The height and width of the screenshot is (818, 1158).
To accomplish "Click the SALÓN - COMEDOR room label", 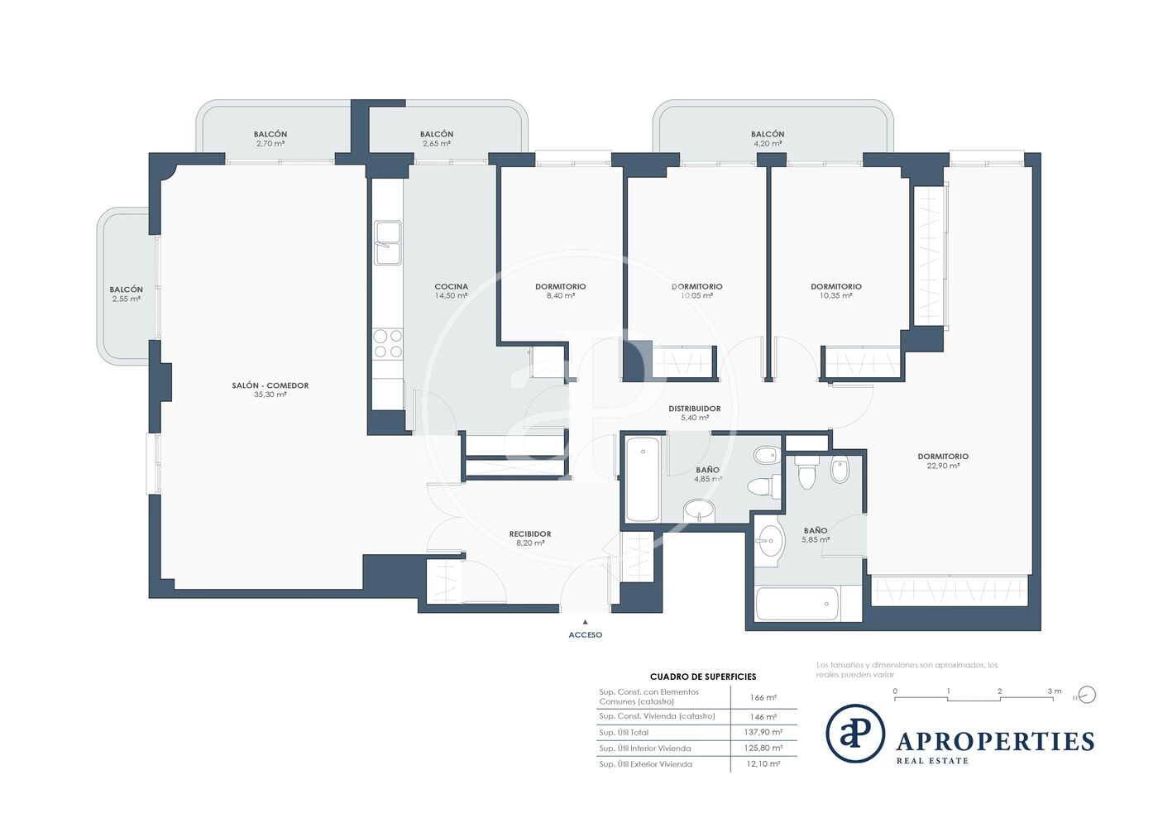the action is point(270,385).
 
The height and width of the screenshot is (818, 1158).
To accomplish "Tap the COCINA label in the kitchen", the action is point(451,286).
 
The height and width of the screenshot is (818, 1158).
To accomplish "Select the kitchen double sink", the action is point(387,243).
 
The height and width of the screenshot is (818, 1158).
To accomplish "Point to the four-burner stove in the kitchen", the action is point(388,344).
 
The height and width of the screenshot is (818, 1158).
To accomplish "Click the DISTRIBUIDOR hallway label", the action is point(694,409).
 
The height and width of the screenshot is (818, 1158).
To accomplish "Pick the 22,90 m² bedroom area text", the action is point(943,466).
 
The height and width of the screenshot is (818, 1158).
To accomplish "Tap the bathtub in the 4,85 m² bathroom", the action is point(643,479).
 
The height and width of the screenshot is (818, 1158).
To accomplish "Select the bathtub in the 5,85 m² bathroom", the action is point(797,604).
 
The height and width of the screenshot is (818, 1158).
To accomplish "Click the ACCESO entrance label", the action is point(586,635).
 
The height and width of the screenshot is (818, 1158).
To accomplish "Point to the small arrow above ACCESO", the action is point(586,622).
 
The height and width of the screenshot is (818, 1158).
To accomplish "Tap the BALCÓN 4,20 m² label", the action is point(768,139).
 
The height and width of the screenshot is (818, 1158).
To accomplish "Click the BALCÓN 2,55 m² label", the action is point(126,294).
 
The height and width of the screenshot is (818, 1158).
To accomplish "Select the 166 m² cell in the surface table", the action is point(763,697).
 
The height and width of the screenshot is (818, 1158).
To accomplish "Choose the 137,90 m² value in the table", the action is point(763,732).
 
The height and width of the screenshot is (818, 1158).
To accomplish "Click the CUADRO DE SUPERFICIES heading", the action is point(703,677).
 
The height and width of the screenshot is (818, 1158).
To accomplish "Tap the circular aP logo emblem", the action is point(855,734).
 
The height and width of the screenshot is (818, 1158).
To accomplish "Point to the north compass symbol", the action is point(1087,695).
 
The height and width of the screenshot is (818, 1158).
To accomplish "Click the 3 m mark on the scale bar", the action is point(1055,691).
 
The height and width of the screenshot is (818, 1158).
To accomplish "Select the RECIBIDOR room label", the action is point(530,534).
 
